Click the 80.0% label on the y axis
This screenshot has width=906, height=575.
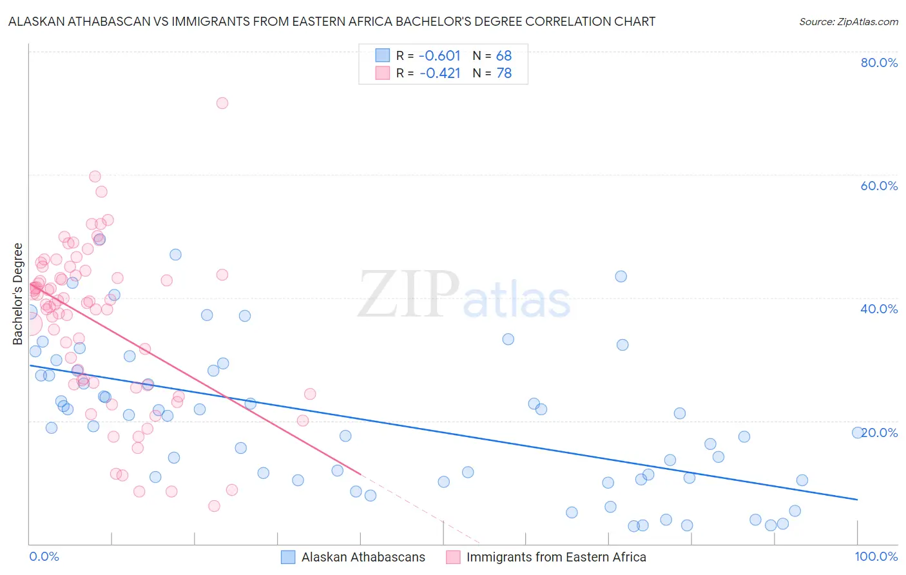point(879,63)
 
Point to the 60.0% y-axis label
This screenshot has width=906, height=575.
point(879,186)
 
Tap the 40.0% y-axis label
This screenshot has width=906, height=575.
point(879,309)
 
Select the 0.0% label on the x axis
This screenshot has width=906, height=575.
point(44,556)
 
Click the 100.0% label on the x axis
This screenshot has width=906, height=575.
point(876,556)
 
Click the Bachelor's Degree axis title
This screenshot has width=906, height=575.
point(18,293)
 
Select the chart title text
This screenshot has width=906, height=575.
point(332,21)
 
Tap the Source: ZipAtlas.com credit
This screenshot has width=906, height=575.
point(848,21)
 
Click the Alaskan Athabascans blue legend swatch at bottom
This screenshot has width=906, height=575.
point(288,557)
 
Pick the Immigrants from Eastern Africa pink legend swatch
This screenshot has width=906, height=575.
point(453,557)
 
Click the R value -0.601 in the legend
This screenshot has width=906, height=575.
point(439,56)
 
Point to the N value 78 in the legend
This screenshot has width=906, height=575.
point(504,73)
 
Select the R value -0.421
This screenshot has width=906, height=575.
point(439,73)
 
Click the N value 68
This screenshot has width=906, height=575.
point(504,56)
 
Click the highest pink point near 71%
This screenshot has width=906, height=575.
point(222,103)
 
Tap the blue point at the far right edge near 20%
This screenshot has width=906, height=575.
point(858,433)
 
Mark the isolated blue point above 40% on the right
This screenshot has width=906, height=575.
point(621,277)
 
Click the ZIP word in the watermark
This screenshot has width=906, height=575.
point(408,295)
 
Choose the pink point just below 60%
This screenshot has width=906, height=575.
point(95,177)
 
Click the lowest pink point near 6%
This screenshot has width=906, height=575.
point(214,506)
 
